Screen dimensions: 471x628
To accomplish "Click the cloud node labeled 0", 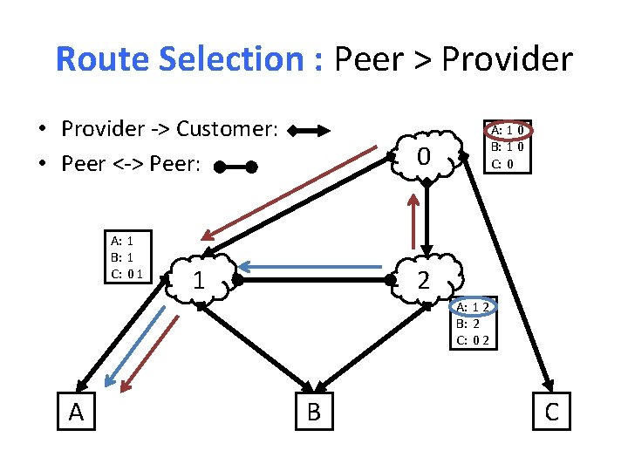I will [x=424, y=157].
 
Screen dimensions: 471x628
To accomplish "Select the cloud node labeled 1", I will [x=199, y=280].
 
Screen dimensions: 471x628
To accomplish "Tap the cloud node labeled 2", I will [x=424, y=280].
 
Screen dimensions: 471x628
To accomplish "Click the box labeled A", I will [x=76, y=411].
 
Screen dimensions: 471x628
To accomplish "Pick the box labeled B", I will [x=314, y=411].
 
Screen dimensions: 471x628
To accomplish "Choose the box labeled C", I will [x=551, y=411].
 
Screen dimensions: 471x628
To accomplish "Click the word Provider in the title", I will [x=507, y=59].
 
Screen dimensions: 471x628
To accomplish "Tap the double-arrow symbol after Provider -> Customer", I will [x=310, y=132].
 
